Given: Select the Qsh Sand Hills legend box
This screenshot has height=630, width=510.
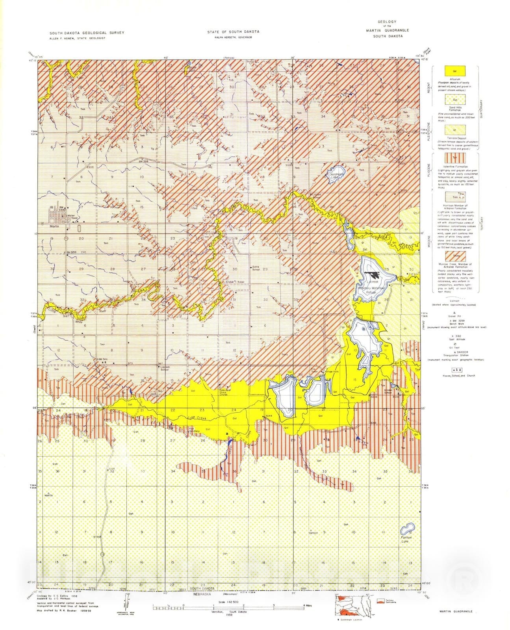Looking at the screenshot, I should pyautogui.click(x=454, y=100).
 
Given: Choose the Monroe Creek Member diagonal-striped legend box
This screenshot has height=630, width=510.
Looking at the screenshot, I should pyautogui.click(x=454, y=256).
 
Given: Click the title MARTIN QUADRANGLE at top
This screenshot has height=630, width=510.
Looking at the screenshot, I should pyautogui.click(x=386, y=30).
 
